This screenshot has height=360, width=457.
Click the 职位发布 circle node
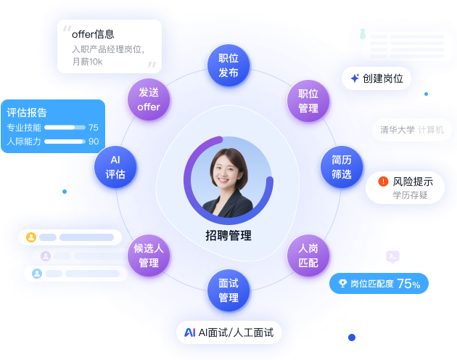pyautogui.click(x=228, y=65)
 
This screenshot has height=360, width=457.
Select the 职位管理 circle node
pyautogui.click(x=308, y=101)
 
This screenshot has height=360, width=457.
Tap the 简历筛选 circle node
pyautogui.click(x=341, y=167)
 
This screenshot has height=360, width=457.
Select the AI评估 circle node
pyautogui.click(x=115, y=167)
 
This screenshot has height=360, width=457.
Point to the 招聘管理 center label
pyautogui.click(x=228, y=234)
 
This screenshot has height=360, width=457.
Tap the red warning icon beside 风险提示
pyautogui.click(x=383, y=181)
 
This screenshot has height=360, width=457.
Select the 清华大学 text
pyautogui.click(x=398, y=130)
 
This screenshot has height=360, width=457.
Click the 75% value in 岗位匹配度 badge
pyautogui.click(x=408, y=284)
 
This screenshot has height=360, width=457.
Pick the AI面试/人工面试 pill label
pyautogui.click(x=228, y=332)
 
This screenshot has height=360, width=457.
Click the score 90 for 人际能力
pyautogui.click(x=94, y=142)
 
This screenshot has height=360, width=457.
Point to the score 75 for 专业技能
pyautogui.click(x=94, y=128)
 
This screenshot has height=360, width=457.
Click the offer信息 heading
pyautogui.click(x=93, y=34)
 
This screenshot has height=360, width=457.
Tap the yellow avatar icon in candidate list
pyautogui.click(x=31, y=237)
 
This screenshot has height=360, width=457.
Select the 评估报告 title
pyautogui.click(x=27, y=112)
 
